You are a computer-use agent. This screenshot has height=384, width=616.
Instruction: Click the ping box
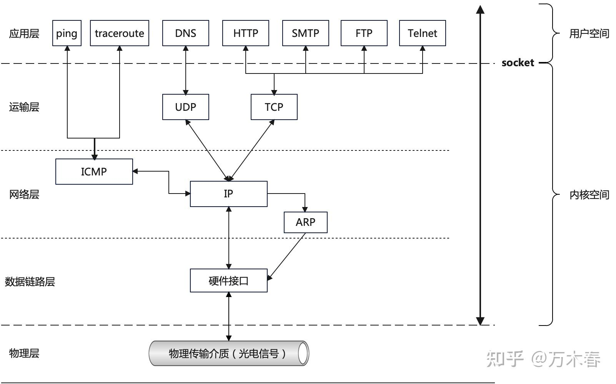click(x=67, y=33)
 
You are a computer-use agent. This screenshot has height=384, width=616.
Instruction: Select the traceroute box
click(x=119, y=33)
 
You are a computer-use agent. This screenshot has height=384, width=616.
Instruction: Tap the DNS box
click(x=185, y=33)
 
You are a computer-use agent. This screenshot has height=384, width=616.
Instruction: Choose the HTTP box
click(x=245, y=33)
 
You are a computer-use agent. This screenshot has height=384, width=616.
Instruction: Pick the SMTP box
click(x=305, y=33)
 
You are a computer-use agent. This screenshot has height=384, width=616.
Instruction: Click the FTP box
click(x=364, y=33)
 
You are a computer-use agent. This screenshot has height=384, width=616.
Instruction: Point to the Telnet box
click(x=422, y=33)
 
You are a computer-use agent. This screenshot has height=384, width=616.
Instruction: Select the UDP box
click(x=185, y=107)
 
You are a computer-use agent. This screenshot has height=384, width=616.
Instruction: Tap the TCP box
click(x=274, y=107)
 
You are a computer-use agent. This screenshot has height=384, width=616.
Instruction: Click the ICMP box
click(x=94, y=172)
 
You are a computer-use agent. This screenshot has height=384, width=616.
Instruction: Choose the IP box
click(x=228, y=194)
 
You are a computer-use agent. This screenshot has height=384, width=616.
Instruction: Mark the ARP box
click(x=305, y=222)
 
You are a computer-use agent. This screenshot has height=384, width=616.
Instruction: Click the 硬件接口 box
click(x=228, y=280)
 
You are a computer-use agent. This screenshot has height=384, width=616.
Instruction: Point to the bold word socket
click(x=518, y=63)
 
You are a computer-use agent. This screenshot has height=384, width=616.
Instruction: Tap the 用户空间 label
click(x=589, y=34)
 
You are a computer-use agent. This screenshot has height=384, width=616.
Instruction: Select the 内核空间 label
click(x=589, y=195)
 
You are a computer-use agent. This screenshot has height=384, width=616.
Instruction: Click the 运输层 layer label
click(x=24, y=107)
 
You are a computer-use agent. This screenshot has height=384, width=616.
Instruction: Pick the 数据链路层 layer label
click(x=30, y=282)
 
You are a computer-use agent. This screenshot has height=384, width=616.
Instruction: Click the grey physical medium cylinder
click(x=228, y=353)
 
